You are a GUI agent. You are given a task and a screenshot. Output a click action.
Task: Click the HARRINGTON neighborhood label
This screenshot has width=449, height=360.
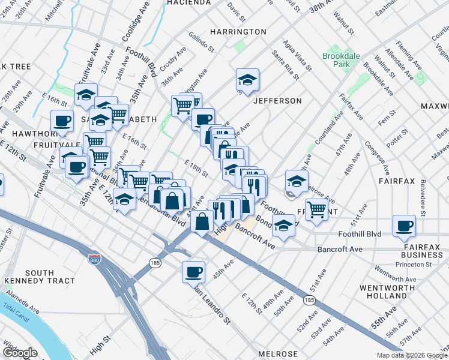(x=238, y=31)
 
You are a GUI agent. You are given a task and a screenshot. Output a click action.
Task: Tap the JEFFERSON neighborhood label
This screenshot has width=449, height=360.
(x=277, y=101)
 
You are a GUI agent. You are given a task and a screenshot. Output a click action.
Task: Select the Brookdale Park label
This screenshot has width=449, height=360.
(x=341, y=61)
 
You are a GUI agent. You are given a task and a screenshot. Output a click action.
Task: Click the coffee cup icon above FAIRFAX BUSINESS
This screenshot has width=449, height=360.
(x=405, y=226)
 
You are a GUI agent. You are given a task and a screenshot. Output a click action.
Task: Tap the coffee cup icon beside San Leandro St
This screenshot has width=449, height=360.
(x=194, y=271)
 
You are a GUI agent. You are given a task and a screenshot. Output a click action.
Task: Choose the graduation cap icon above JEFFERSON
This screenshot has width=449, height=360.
(x=247, y=79)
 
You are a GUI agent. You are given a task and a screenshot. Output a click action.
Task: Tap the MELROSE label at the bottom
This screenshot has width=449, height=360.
(x=278, y=354)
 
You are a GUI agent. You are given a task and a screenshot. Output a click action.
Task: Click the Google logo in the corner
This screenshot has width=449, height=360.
(x=20, y=353)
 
